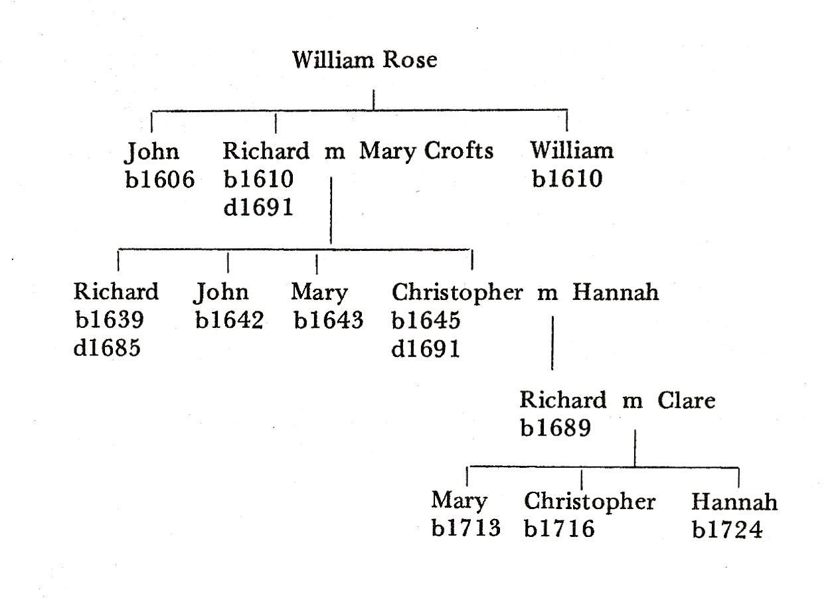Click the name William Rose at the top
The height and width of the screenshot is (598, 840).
point(365,60)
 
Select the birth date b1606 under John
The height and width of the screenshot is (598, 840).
point(159,179)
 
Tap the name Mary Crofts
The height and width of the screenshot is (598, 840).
point(426,151)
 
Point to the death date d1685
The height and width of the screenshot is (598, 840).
point(107,348)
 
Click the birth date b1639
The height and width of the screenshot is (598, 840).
point(109,320)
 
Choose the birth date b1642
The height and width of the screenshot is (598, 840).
point(229,320)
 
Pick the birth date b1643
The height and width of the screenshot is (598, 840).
point(328,321)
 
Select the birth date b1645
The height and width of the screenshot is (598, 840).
point(426,320)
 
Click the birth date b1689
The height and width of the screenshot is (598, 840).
point(555,429)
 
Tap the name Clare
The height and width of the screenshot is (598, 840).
point(687,401)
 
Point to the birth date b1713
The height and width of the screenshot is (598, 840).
point(465,529)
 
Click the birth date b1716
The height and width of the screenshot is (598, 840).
point(558,529)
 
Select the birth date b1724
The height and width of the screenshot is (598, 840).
point(726,529)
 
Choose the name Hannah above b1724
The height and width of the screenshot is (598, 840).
point(734,501)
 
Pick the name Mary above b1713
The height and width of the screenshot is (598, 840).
point(459,501)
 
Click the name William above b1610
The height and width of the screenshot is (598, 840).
point(571,151)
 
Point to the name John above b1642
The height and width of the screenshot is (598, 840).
point(222,293)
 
